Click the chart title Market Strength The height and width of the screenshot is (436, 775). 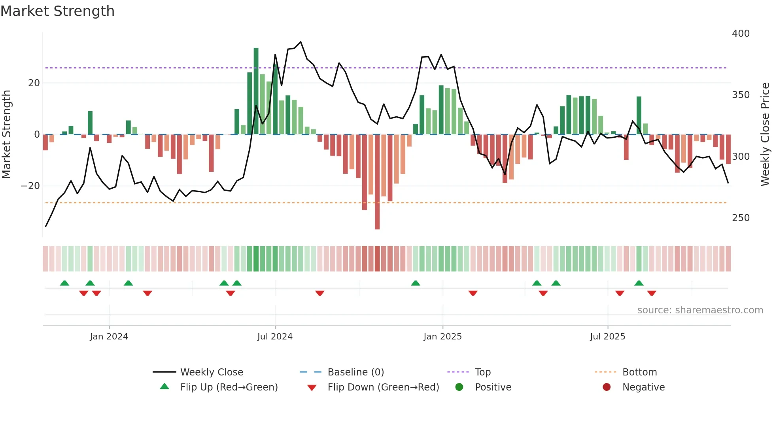[57, 11]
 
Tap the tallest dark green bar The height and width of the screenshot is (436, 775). [256, 91]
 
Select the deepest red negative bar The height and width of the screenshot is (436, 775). [377, 182]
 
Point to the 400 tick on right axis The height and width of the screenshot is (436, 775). [740, 34]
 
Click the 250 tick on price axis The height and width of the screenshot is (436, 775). [740, 218]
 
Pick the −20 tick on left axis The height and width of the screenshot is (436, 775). [30, 186]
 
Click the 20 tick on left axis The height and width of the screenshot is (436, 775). [34, 83]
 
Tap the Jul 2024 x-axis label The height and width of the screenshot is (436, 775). [275, 337]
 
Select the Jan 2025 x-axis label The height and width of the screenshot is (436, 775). [442, 337]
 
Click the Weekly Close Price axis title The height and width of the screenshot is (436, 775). [765, 135]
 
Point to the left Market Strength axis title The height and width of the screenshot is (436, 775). [6, 135]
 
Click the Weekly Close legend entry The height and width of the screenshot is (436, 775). [211, 372]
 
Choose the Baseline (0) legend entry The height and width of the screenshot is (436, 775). [355, 372]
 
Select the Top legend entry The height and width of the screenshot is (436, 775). [482, 372]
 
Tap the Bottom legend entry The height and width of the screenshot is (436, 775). [639, 372]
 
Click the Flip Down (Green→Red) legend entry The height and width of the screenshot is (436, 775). [383, 387]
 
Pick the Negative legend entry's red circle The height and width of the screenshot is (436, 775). [606, 387]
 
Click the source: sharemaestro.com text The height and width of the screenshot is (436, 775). [700, 310]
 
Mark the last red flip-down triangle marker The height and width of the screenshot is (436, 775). [652, 293]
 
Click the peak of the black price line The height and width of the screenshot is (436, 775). [301, 42]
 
